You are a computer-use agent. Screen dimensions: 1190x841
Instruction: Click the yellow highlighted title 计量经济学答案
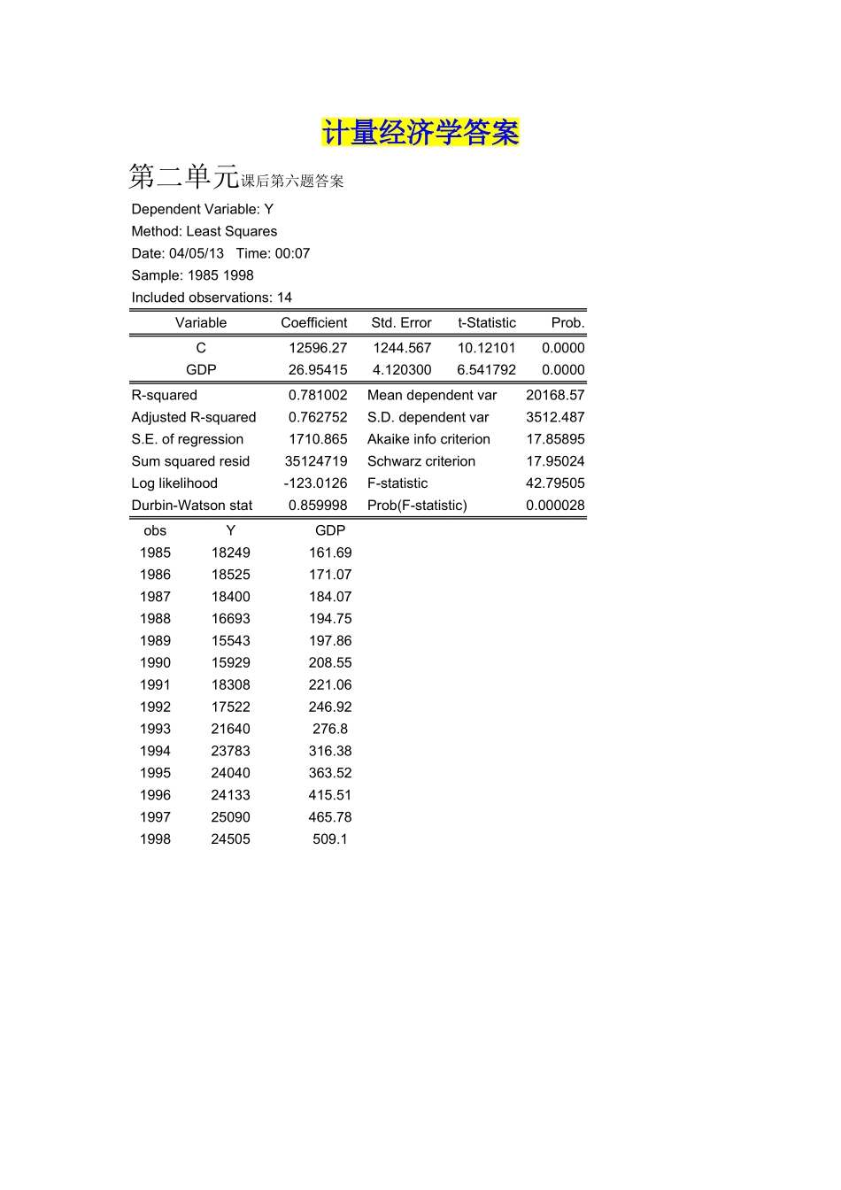pyautogui.click(x=420, y=133)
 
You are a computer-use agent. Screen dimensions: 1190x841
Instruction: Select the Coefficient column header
pyautogui.click(x=313, y=323)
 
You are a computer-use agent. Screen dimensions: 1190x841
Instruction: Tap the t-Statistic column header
pyautogui.click(x=486, y=323)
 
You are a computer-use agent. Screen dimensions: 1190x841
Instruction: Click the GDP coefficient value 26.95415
pyautogui.click(x=318, y=370)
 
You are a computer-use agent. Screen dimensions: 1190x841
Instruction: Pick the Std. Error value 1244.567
pyautogui.click(x=402, y=348)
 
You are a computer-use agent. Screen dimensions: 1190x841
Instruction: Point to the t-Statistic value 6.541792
pyautogui.click(x=486, y=370)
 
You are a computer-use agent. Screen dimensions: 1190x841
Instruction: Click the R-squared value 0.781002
pyautogui.click(x=318, y=396)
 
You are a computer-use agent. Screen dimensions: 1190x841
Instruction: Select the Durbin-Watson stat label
pyautogui.click(x=192, y=506)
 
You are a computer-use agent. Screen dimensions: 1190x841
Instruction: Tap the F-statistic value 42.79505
pyautogui.click(x=555, y=483)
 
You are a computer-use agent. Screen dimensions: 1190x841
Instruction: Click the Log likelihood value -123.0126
pyautogui.click(x=315, y=483)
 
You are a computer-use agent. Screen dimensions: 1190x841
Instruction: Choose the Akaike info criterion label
pyautogui.click(x=428, y=439)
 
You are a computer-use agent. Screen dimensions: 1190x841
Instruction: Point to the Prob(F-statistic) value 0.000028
pyautogui.click(x=555, y=506)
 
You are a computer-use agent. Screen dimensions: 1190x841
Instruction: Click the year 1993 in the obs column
pyautogui.click(x=155, y=729)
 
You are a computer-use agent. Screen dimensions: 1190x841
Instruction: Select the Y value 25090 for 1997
pyautogui.click(x=230, y=817)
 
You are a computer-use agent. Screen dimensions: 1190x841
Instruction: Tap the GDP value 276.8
pyautogui.click(x=330, y=729)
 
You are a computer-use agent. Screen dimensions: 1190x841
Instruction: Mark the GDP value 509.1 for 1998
pyautogui.click(x=330, y=839)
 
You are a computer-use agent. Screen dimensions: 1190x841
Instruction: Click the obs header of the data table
pyautogui.click(x=155, y=531)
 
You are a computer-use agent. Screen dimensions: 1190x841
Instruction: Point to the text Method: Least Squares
pyautogui.click(x=204, y=231)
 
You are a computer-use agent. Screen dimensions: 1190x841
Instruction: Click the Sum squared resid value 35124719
pyautogui.click(x=316, y=461)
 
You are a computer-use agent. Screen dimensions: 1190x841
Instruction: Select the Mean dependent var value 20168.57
pyautogui.click(x=555, y=396)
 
